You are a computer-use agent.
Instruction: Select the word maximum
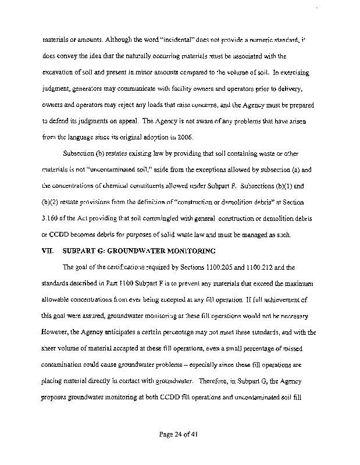click(x=298, y=284)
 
